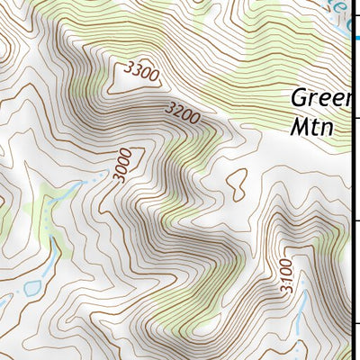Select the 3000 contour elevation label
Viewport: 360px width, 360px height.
[x=123, y=166]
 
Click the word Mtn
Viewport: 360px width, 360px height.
[x=311, y=127]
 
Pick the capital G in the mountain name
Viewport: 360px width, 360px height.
[x=300, y=97]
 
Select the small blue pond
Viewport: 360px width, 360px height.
[x=32, y=288]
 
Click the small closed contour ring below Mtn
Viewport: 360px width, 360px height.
[x=237, y=184]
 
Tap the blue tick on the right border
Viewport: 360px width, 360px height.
[x=355, y=38]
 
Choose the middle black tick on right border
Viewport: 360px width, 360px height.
[x=355, y=220]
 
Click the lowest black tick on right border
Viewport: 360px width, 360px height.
[x=355, y=325]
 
